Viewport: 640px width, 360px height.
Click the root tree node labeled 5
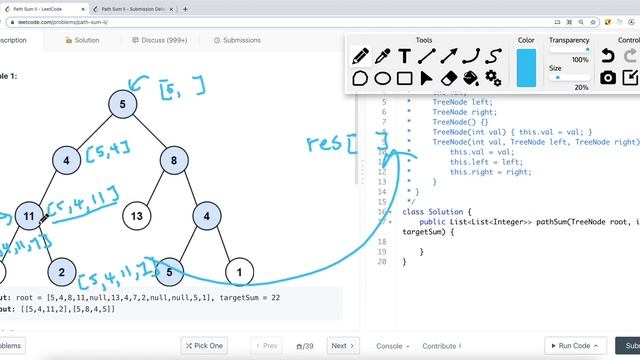click(x=122, y=104)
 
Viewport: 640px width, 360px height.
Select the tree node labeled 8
click(x=173, y=159)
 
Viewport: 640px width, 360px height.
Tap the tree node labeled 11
click(x=30, y=215)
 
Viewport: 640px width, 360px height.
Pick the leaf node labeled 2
click(x=60, y=271)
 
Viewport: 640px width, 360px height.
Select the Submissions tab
click(x=236, y=41)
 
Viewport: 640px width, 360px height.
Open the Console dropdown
click(x=393, y=346)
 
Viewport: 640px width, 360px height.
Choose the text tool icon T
click(x=405, y=56)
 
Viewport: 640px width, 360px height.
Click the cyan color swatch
click(x=526, y=68)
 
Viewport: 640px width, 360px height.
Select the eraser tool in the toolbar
click(x=449, y=78)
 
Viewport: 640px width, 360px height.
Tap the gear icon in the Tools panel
click(x=493, y=78)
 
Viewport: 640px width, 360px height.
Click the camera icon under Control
click(x=607, y=78)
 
